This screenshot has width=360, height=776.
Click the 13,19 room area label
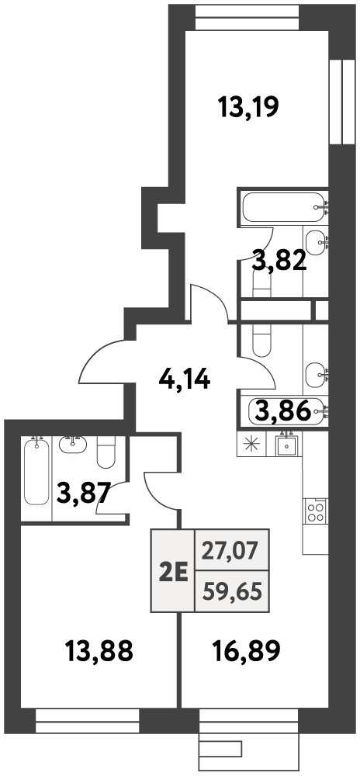tap(249, 106)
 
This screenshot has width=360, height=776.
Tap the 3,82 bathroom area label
tap(279, 261)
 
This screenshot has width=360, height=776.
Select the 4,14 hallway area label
tap(185, 379)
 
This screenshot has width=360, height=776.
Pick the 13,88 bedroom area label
tap(99, 650)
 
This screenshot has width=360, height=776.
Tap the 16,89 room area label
tap(247, 650)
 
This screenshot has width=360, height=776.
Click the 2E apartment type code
tap(173, 573)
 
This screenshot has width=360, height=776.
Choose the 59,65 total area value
tap(233, 591)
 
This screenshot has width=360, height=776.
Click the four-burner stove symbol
tap(316, 511)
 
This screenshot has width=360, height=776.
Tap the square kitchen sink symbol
tap(284, 443)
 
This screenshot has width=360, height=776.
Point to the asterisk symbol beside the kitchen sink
tap(251, 443)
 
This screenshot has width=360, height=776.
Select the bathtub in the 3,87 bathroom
tap(36, 470)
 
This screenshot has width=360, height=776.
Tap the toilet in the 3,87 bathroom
tap(106, 452)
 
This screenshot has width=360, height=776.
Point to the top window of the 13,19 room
tap(247, 19)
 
